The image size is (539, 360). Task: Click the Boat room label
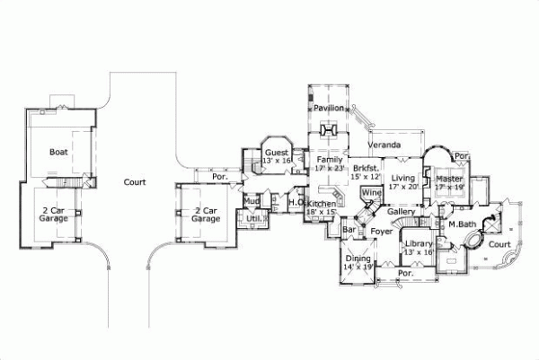click(59, 153)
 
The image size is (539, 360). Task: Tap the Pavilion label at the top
click(329, 108)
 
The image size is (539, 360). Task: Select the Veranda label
click(384, 144)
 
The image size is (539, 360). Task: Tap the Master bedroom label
click(448, 180)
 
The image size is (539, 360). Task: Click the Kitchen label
click(323, 205)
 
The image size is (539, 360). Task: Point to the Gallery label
click(401, 212)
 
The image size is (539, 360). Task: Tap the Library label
click(419, 243)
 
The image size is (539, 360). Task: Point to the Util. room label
click(254, 217)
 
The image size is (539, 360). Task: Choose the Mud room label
click(252, 202)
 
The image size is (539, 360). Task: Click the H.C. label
click(295, 203)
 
